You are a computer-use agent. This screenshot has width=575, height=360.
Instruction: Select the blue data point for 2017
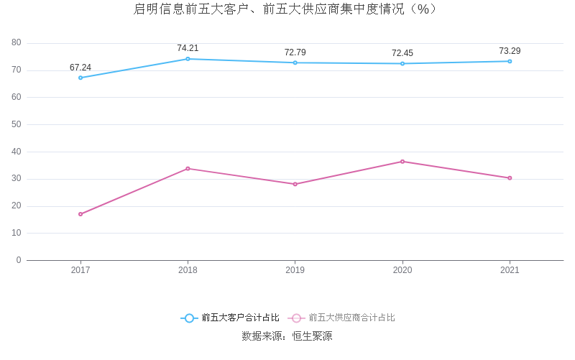(x=80, y=78)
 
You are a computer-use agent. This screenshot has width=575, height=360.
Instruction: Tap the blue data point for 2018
(x=188, y=59)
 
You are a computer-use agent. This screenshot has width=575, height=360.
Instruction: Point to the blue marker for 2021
(x=510, y=61)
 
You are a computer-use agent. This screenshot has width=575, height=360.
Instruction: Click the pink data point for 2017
(x=80, y=214)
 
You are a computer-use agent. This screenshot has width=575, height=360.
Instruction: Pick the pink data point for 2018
(x=188, y=168)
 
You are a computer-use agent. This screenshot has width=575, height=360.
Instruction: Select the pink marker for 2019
(x=295, y=184)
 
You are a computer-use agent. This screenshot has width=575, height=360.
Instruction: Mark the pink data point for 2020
(x=402, y=162)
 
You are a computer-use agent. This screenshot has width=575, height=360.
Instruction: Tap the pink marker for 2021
(x=510, y=178)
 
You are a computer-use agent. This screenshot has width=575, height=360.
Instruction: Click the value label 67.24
(x=80, y=68)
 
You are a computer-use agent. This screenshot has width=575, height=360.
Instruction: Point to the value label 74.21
(x=188, y=48)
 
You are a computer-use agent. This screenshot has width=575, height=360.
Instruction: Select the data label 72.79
(x=295, y=52)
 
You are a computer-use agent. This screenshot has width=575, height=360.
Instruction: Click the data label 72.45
(x=402, y=53)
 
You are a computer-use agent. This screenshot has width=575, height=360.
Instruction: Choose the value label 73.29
(x=510, y=51)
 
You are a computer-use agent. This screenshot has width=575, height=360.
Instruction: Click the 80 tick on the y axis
(x=17, y=43)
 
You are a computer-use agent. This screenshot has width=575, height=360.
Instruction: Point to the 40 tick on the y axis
(x=17, y=152)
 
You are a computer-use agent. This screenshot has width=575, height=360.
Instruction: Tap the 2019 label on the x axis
(x=295, y=270)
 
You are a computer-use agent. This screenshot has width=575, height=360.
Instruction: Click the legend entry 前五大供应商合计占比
(x=342, y=318)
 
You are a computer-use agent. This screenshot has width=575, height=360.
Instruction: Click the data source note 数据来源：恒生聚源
(x=287, y=336)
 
